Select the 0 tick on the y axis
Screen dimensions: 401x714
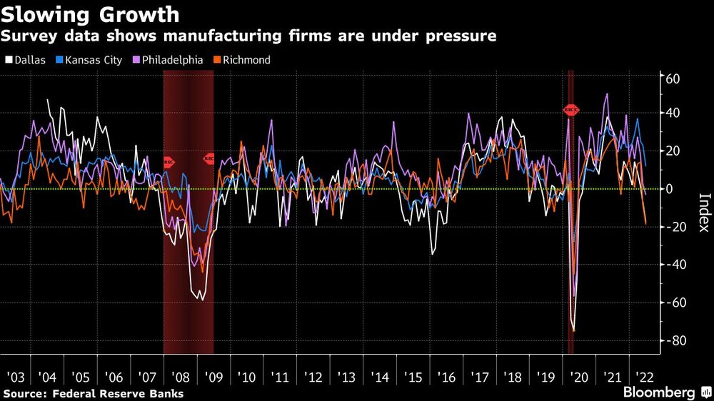(669, 189)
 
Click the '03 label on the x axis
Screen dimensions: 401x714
(16, 377)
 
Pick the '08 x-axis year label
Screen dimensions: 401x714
(181, 377)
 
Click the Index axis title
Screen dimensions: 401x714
(704, 213)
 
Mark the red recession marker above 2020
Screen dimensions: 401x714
(571, 110)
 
